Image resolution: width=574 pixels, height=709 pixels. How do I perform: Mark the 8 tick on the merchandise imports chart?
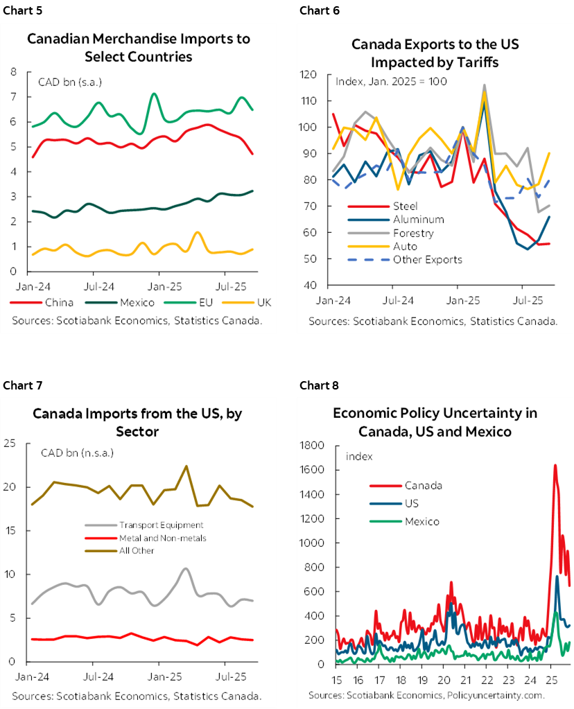pos(14,71)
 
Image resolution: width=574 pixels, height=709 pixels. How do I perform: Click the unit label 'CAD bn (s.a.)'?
pos(69,84)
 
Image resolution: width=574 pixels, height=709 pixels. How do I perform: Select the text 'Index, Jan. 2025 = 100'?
pos(391,81)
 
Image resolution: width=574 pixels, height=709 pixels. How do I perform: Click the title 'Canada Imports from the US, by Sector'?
pos(137,423)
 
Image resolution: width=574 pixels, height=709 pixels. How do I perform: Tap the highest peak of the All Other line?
pos(186,466)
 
